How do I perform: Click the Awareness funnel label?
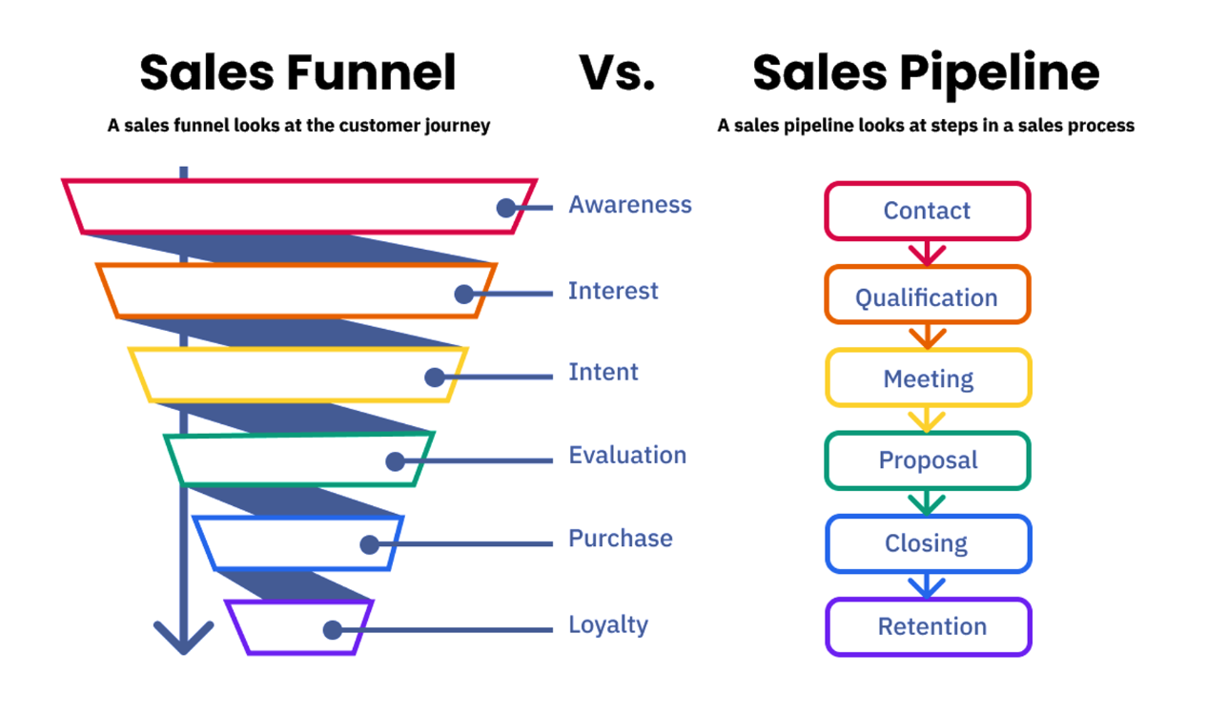tap(630, 205)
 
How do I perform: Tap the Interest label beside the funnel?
tap(613, 291)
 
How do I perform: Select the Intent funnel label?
tap(603, 372)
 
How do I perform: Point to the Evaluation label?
tap(627, 455)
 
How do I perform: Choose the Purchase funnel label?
tap(621, 539)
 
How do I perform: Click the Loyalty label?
tap(608, 625)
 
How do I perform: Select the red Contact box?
tap(927, 211)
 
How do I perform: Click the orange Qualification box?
tap(927, 296)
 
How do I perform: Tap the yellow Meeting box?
tap(927, 378)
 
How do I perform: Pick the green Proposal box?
tap(927, 460)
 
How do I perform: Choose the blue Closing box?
tap(927, 543)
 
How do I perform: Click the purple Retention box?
tap(927, 626)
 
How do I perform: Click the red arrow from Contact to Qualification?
tap(927, 253)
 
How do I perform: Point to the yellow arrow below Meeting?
tap(927, 419)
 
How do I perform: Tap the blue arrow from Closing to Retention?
tap(927, 584)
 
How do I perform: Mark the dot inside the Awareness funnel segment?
tap(506, 208)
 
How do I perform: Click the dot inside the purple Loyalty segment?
tap(332, 630)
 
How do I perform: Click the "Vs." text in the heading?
tap(617, 73)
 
